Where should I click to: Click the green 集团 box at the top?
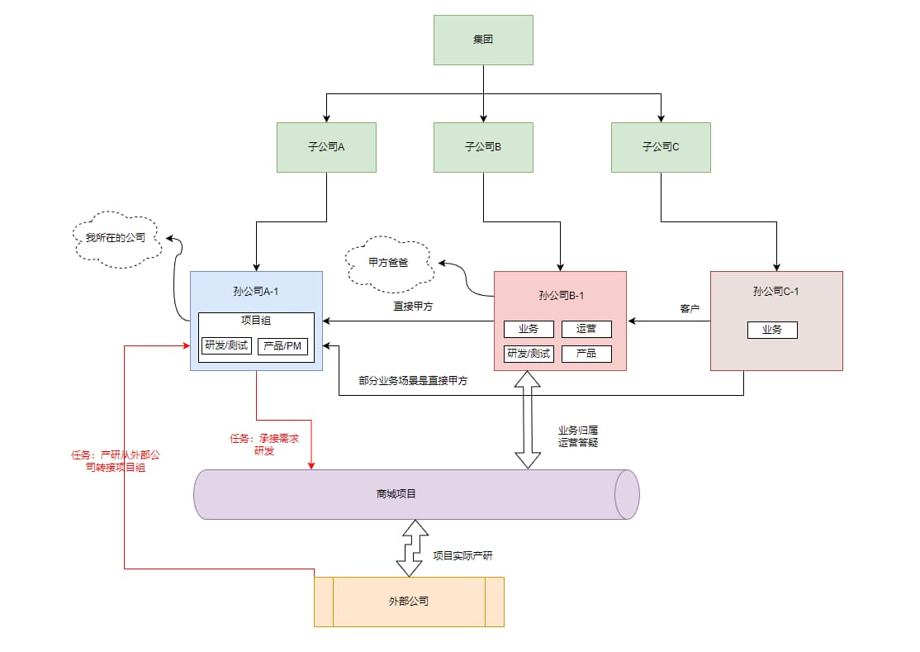(483, 40)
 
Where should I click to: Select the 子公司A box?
(326, 147)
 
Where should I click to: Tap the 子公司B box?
(483, 147)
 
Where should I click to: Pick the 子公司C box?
(661, 147)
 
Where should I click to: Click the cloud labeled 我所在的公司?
(116, 237)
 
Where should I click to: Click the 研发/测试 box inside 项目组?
(225, 345)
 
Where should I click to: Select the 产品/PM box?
(282, 345)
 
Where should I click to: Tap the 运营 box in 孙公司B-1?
(586, 329)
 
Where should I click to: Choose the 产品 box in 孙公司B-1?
(586, 354)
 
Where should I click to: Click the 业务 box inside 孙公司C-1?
(772, 330)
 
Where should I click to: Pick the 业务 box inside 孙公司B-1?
(529, 329)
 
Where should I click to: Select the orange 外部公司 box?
(409, 602)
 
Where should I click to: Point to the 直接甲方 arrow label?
(413, 307)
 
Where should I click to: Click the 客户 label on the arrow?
(690, 309)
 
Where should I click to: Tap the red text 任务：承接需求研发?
(263, 445)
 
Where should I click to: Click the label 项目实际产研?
(462, 555)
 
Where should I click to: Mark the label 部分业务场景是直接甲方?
(413, 382)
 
